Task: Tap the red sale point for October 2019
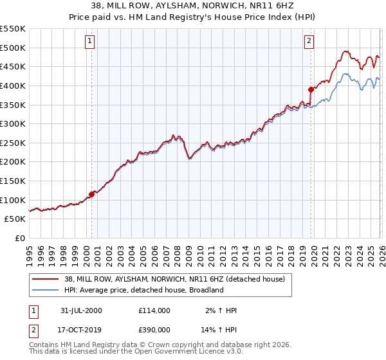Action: click(x=311, y=89)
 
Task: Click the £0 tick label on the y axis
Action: click(x=19, y=238)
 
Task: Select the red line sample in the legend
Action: click(x=45, y=279)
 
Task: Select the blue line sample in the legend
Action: click(x=45, y=290)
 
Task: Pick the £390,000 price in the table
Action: click(x=154, y=328)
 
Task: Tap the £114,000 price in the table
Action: click(x=154, y=310)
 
